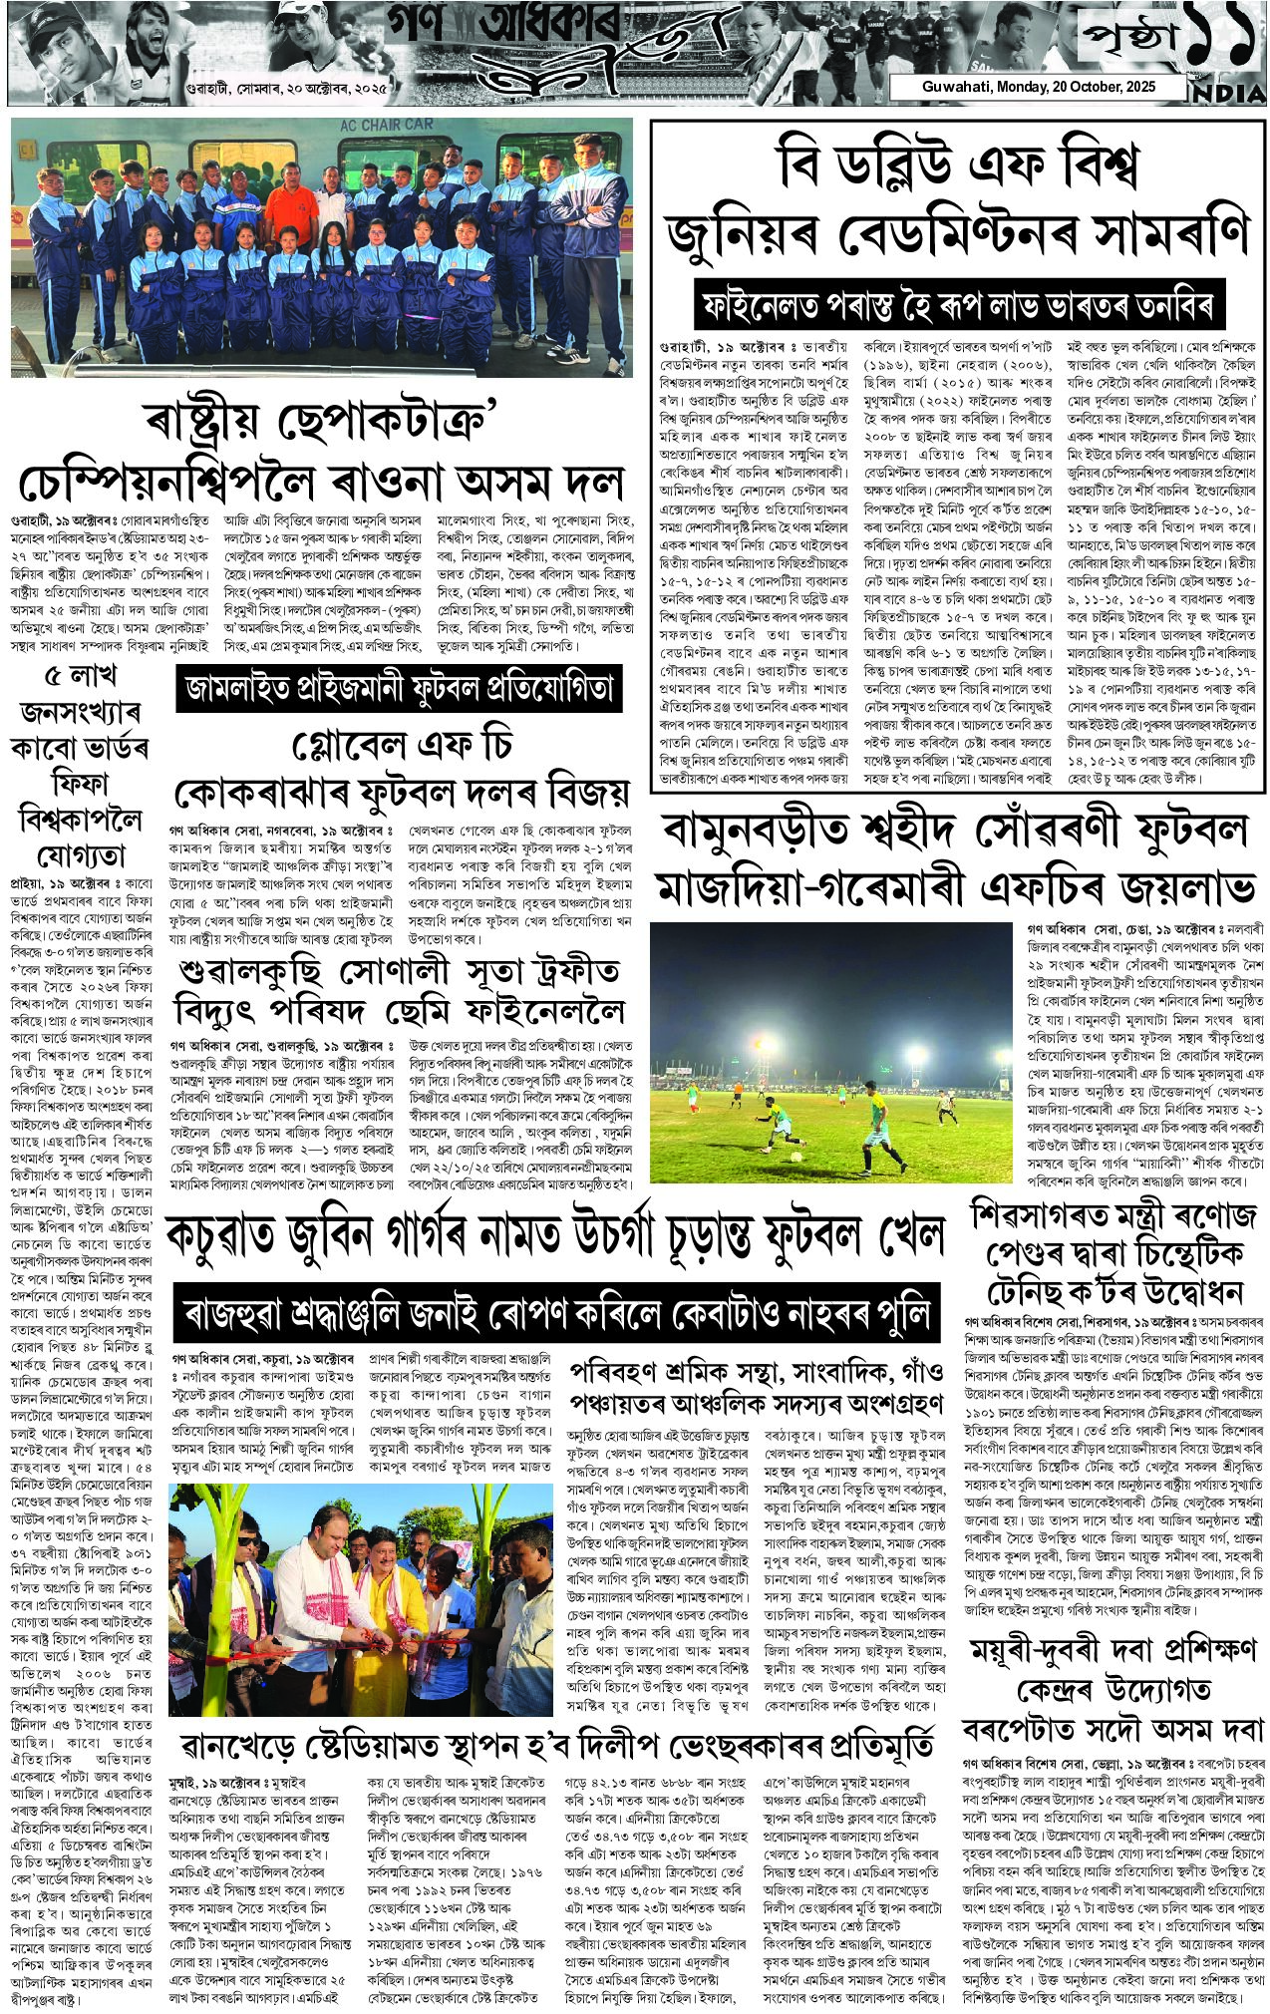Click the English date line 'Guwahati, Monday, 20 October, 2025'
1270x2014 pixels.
(x=1035, y=87)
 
